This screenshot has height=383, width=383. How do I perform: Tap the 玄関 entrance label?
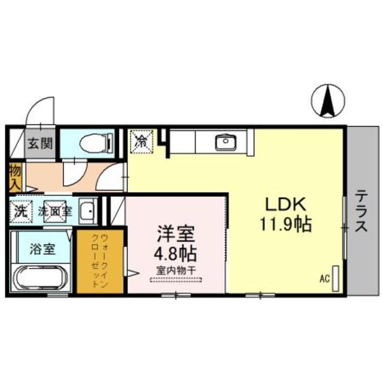tap(40, 144)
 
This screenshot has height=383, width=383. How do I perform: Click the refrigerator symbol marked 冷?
tap(142, 142)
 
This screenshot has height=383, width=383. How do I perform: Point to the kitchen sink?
tap(226, 142)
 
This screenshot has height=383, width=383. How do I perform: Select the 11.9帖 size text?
tap(284, 224)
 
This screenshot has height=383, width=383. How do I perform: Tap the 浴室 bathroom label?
tap(42, 248)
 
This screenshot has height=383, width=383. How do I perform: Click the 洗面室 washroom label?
tap(55, 211)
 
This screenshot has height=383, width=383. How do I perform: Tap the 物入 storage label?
tap(15, 175)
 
